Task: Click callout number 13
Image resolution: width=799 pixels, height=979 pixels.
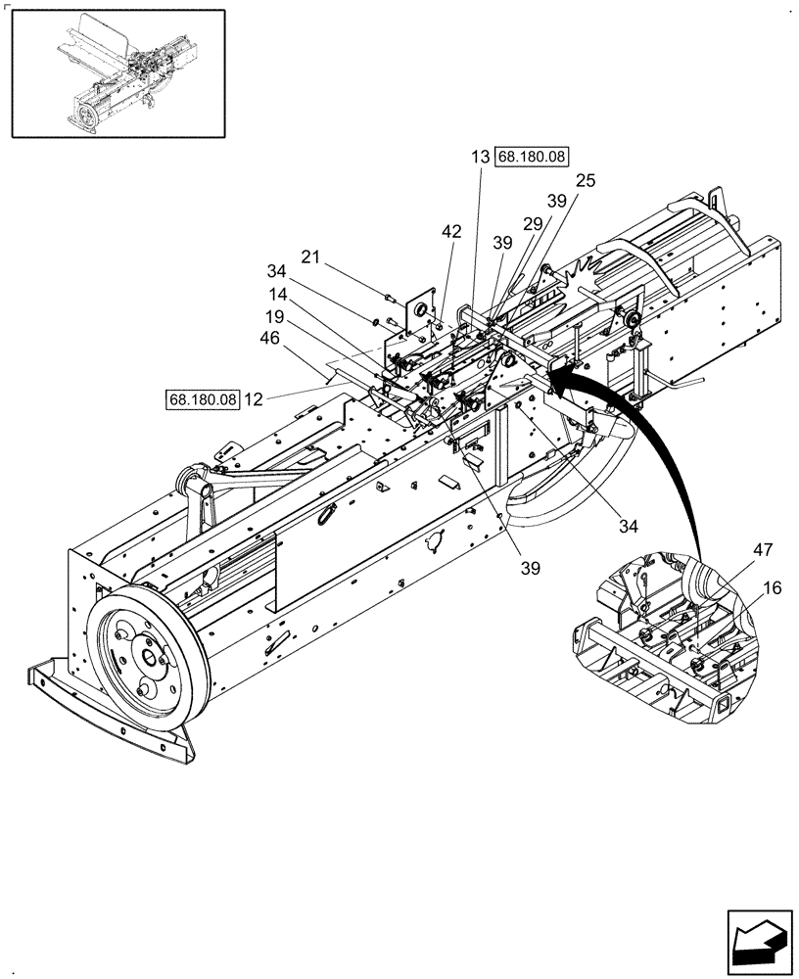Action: pyautogui.click(x=480, y=158)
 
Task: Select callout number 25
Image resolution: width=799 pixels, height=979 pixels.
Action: pyautogui.click(x=586, y=180)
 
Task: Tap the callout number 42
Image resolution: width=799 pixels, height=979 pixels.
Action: pyautogui.click(x=450, y=232)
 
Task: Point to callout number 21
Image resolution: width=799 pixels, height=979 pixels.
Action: pyautogui.click(x=310, y=256)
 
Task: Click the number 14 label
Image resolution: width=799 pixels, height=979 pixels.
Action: pyautogui.click(x=278, y=293)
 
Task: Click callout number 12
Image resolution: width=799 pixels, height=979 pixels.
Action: pyautogui.click(x=255, y=399)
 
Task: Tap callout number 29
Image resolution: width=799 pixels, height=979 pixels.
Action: pyautogui.click(x=532, y=224)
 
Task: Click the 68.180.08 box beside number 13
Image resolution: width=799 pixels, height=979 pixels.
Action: pyautogui.click(x=533, y=158)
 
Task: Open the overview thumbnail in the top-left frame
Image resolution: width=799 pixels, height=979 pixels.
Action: pyautogui.click(x=117, y=73)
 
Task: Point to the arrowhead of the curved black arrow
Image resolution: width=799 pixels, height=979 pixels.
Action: pyautogui.click(x=559, y=367)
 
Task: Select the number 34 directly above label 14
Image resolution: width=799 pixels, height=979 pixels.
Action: pyautogui.click(x=278, y=271)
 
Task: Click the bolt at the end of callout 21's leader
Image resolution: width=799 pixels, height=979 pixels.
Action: pyautogui.click(x=389, y=297)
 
